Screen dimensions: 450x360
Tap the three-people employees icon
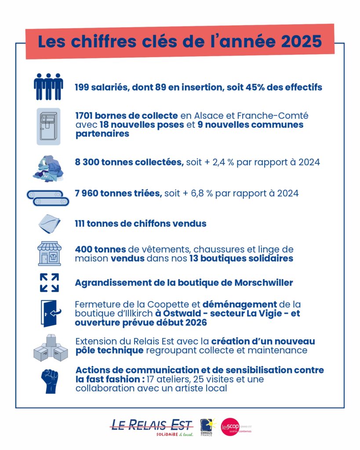[48, 87]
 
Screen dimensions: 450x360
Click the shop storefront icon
[49, 253]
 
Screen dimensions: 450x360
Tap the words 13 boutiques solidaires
[241, 258]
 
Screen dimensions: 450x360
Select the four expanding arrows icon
[49, 283]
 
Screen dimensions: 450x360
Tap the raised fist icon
[49, 381]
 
